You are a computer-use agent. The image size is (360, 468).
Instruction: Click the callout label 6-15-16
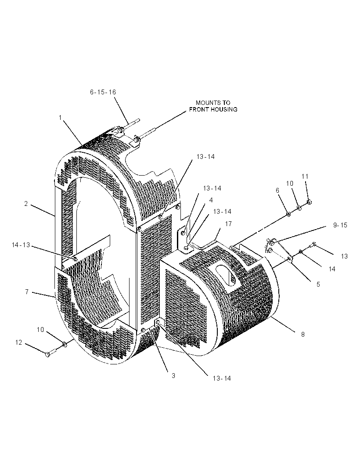[x=103, y=92]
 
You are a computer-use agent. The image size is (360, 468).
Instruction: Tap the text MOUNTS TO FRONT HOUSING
[x=213, y=106]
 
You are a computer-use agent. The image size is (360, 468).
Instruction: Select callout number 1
[x=60, y=118]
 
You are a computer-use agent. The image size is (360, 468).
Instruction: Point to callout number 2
[x=26, y=204]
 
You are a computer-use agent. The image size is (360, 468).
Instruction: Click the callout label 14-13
[x=21, y=245]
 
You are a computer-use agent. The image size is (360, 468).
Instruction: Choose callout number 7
[x=27, y=292]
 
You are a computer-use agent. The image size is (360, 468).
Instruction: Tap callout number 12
[x=19, y=342]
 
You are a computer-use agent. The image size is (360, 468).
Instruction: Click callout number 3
[x=173, y=375]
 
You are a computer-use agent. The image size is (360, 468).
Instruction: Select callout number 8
[x=302, y=334]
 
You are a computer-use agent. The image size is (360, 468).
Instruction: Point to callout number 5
[x=318, y=284]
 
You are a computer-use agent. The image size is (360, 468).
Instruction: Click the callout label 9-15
[x=340, y=225]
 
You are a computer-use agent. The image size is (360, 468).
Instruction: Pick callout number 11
[x=305, y=176]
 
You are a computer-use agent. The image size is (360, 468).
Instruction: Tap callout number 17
[x=228, y=224]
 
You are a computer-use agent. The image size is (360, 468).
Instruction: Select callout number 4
[x=211, y=200]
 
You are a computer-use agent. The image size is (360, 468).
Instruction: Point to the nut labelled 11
[x=309, y=202]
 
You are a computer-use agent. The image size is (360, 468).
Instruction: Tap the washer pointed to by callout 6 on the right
[x=288, y=214]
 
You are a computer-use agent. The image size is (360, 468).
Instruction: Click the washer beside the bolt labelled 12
[x=64, y=345]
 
